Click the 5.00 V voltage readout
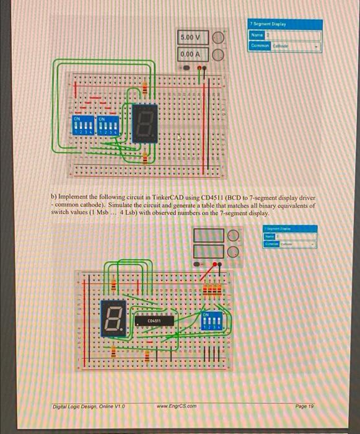(190, 38)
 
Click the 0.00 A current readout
(190, 54)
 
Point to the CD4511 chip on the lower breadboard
(155, 321)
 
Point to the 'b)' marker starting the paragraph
(53, 197)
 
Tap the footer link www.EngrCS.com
(178, 405)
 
